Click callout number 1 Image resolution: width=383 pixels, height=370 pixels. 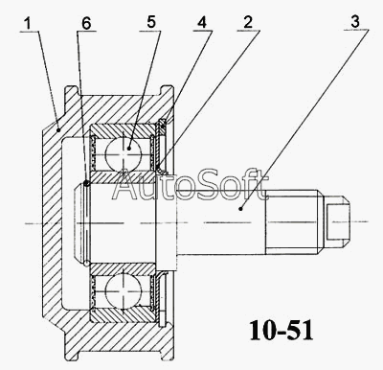pos(29,24)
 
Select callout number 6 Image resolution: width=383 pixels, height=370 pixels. pos(86,23)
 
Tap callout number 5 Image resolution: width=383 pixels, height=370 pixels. pos(151,22)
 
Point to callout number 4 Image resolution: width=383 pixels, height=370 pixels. pos(202,23)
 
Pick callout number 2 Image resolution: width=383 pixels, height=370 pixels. pos(248,22)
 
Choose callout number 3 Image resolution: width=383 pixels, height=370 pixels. pos(355,22)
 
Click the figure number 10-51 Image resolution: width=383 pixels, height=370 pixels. pos(281,331)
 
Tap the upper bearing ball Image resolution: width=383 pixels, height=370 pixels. pos(123,152)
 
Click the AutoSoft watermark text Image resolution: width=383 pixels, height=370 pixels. pos(190,184)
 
